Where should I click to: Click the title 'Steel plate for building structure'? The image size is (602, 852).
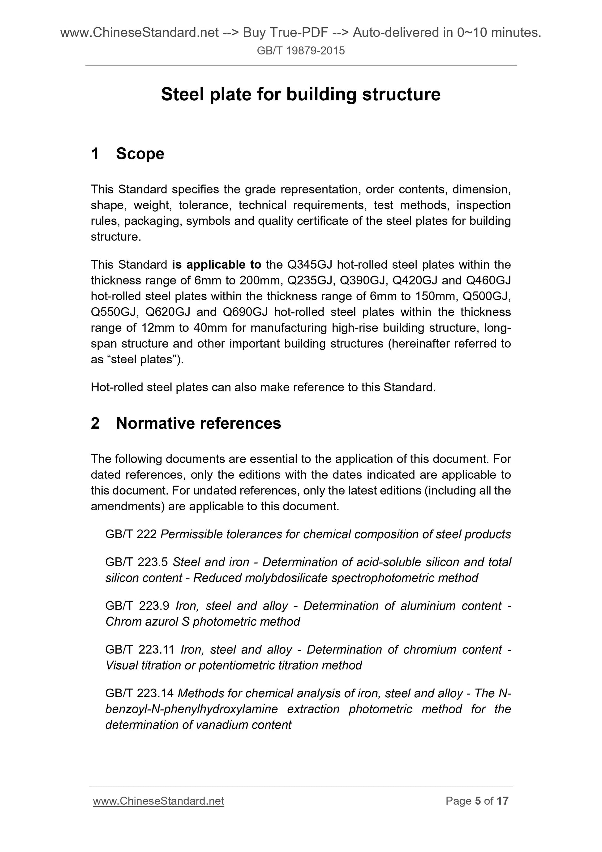[x=300, y=94]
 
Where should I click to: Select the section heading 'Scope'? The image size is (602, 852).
[x=140, y=154]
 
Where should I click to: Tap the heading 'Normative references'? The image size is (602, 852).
[x=198, y=423]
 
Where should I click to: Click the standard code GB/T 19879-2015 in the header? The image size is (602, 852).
[x=300, y=50]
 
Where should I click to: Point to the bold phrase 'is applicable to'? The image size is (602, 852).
[x=217, y=265]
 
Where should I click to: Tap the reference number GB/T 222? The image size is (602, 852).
[x=131, y=534]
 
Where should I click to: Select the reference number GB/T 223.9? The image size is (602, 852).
[x=137, y=606]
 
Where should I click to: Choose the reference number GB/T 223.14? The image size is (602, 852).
[x=140, y=693]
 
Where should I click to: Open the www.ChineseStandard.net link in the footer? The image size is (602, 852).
[x=158, y=801]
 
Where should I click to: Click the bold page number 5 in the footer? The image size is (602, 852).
[x=478, y=801]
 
